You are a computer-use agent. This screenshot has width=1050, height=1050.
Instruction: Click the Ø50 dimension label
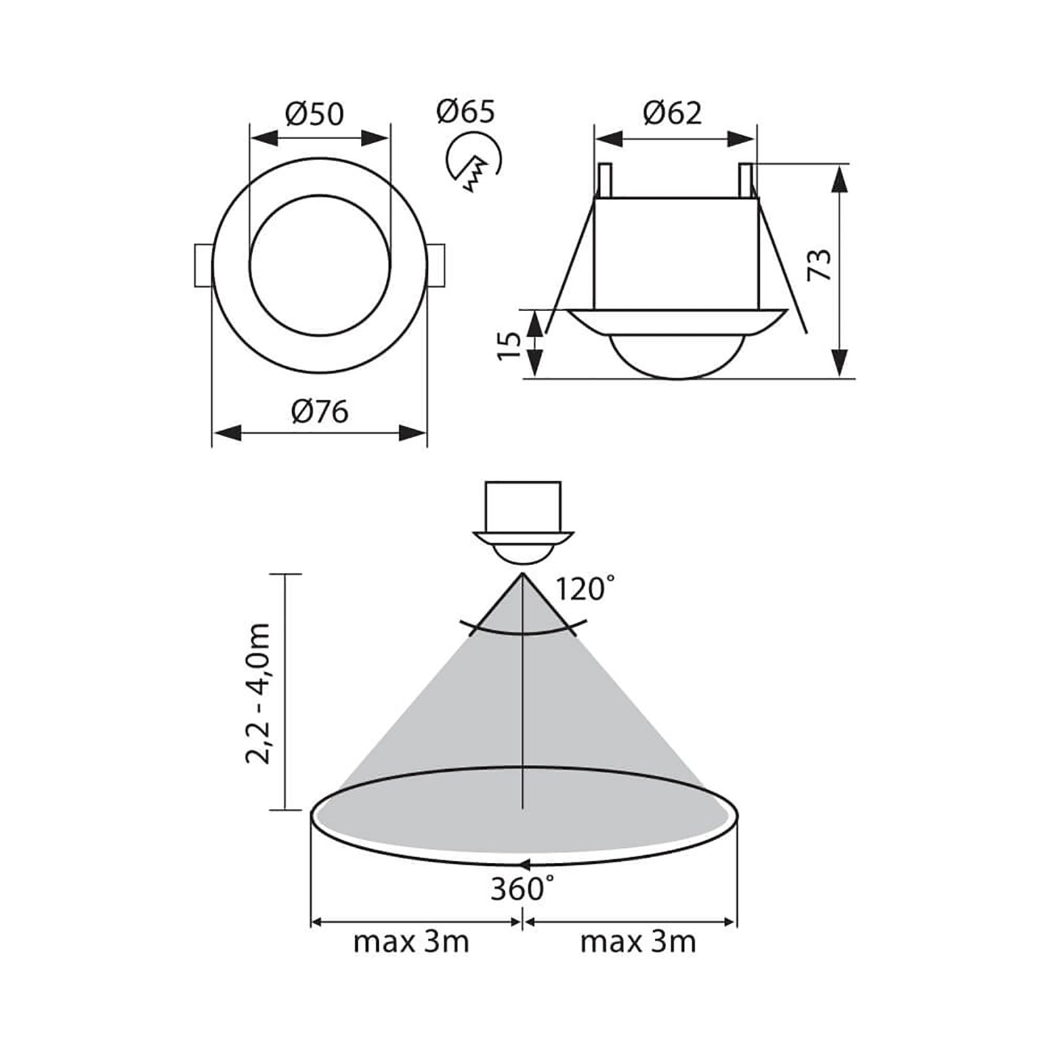click(314, 114)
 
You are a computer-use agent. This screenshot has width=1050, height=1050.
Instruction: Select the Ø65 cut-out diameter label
click(465, 112)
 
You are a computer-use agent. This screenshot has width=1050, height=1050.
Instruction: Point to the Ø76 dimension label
click(320, 413)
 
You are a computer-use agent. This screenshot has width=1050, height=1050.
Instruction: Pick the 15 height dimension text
click(509, 345)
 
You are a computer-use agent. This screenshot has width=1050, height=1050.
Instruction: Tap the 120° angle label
click(586, 589)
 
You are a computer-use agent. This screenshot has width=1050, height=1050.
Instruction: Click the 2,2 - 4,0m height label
click(257, 693)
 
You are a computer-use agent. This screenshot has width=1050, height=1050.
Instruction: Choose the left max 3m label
click(411, 942)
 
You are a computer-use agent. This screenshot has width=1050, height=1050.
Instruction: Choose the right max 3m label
click(638, 942)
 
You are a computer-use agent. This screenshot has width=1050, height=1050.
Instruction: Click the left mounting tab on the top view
click(203, 265)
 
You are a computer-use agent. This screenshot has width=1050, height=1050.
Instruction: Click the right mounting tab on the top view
click(436, 265)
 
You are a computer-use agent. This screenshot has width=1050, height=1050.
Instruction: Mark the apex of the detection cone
click(522, 575)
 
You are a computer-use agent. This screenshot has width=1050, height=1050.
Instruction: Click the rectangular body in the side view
click(676, 253)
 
